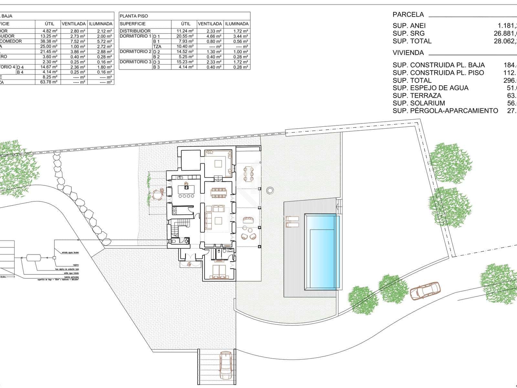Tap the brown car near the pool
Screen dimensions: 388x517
(x=425, y=291)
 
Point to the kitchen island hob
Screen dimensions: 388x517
(x=186, y=187)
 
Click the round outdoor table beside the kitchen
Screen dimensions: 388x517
(x=157, y=195)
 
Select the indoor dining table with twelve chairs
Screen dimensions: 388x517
(x=219, y=193)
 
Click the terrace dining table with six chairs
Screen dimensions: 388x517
(x=248, y=174)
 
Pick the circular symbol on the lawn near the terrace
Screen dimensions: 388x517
(x=269, y=190)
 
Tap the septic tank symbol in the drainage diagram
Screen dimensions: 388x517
(x=33, y=258)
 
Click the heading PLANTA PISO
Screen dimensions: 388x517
(x=134, y=16)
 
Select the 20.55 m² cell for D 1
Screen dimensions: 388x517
(x=185, y=36)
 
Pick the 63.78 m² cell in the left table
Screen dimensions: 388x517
(x=49, y=82)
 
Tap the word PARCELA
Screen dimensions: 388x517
(x=408, y=15)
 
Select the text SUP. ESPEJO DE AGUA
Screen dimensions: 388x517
(x=430, y=88)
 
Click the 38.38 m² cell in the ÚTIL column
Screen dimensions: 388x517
(x=49, y=41)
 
